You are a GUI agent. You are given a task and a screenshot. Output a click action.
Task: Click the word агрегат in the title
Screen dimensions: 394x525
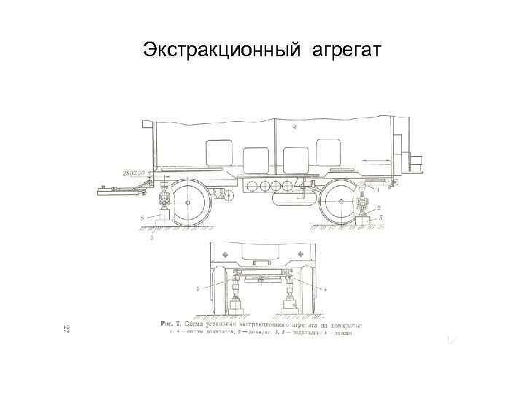(346, 50)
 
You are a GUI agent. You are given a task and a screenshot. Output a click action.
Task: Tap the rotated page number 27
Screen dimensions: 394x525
(66, 330)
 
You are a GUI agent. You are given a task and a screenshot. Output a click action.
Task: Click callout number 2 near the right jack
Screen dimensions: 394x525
(378, 207)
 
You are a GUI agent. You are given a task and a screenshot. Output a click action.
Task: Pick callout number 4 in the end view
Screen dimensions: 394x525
(324, 290)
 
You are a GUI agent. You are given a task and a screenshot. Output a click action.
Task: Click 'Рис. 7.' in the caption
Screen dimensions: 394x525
(170, 322)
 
